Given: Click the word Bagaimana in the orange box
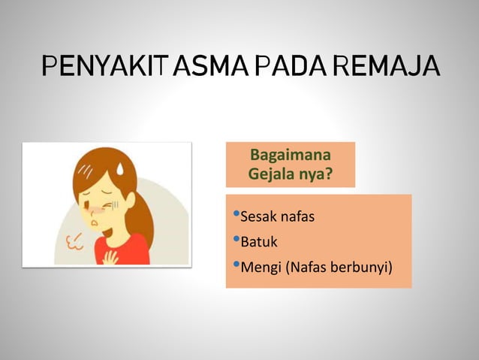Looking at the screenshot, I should [x=291, y=157].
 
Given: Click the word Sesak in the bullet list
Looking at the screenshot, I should [x=256, y=218].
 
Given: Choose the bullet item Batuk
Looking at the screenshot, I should [x=258, y=243].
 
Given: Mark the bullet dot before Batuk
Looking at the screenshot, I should [x=236, y=241].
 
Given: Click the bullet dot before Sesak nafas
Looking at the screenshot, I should [x=236, y=216].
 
